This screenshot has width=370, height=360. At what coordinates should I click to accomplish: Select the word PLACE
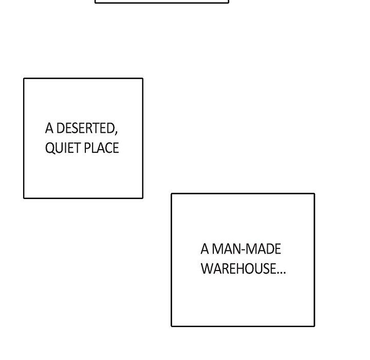[x=101, y=148]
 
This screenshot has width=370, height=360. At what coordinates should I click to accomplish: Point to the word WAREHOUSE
[x=238, y=268]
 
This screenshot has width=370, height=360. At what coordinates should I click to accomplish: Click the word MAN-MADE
[x=247, y=249]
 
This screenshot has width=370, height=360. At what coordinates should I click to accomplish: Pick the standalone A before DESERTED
[x=49, y=128]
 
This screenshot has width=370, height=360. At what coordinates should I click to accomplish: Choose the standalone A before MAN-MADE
[x=205, y=249]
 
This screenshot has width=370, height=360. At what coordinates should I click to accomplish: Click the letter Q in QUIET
[x=50, y=148]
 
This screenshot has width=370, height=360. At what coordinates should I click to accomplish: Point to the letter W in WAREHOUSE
[x=207, y=268]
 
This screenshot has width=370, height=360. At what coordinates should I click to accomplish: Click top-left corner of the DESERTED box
[x=24, y=79]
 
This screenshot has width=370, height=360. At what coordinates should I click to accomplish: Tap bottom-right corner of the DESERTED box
[x=142, y=197]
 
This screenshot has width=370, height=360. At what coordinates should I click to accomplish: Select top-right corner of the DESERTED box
[x=142, y=79]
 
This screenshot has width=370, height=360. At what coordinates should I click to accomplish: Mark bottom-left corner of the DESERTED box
[x=24, y=197]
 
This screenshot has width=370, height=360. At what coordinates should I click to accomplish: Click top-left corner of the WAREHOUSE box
[x=172, y=194]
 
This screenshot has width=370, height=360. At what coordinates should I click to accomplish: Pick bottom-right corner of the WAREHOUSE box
[x=314, y=326]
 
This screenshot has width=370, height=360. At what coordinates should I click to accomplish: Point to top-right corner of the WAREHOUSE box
[x=314, y=194]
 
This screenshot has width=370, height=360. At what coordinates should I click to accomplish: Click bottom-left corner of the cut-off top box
[x=96, y=3]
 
